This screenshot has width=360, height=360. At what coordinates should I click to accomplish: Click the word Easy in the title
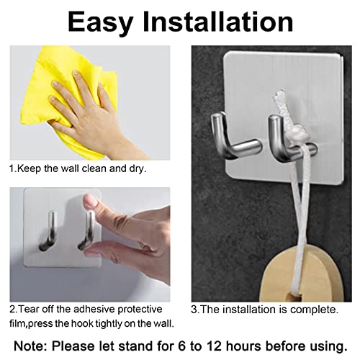point(100,23)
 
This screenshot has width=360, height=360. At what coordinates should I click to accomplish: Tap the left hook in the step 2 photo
point(48,230)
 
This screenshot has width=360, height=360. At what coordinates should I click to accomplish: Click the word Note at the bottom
point(31,346)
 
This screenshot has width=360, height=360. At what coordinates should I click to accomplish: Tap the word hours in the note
point(243,346)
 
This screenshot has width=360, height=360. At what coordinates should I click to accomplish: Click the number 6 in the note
point(182,346)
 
